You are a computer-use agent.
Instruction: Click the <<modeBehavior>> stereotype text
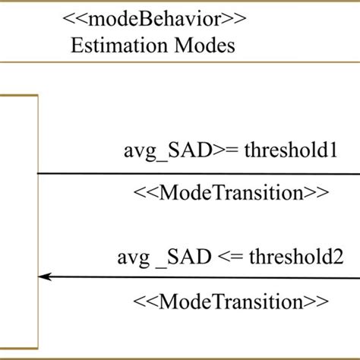152,17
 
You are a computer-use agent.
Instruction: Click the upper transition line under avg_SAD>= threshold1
197,172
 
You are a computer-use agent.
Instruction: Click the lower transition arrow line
197,278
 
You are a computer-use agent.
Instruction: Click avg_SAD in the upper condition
170,150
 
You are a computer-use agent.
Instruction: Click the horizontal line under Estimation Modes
180,62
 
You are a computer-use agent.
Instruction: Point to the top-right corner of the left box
37,96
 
